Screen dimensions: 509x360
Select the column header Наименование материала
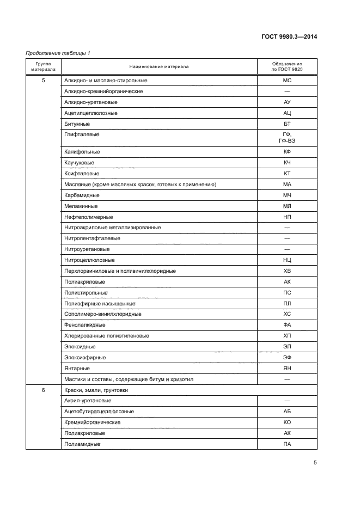click(159, 67)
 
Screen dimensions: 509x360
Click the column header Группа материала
click(44, 67)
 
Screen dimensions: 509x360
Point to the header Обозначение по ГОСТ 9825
click(287, 67)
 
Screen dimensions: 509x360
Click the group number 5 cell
click(44, 81)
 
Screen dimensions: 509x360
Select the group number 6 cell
click(44, 390)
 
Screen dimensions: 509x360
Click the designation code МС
click(287, 81)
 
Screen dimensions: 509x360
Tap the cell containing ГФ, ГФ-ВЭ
click(287, 137)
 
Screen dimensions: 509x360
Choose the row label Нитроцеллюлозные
click(89, 260)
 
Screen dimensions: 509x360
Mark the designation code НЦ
click(287, 260)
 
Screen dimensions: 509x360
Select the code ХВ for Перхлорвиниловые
click(287, 271)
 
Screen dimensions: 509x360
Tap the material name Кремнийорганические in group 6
click(92, 422)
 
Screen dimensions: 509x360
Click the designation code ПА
click(287, 444)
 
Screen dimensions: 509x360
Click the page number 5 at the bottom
click(315, 463)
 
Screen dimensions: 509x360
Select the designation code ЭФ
click(287, 358)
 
